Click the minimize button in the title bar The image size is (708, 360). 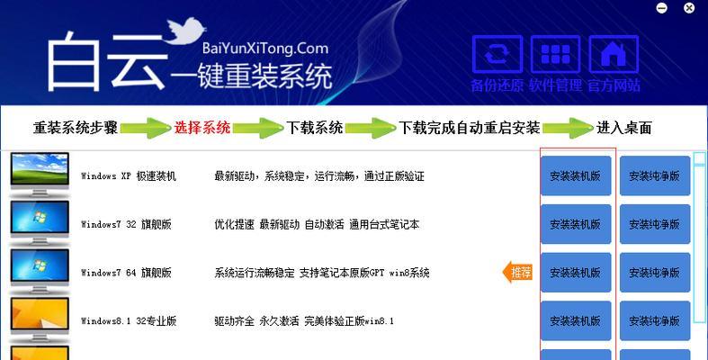[661, 8]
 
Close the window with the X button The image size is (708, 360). [689, 8]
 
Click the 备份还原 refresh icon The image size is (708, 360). [497, 54]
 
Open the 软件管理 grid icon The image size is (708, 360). [555, 54]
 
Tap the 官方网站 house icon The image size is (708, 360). [614, 54]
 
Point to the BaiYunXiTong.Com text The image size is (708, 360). [265, 48]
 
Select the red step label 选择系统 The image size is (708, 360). [202, 128]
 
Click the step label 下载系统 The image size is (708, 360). [315, 128]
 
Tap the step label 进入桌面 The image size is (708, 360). [624, 128]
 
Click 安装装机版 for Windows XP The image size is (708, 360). [576, 175]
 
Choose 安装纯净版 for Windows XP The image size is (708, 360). [655, 175]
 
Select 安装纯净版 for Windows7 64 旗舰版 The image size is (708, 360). [655, 273]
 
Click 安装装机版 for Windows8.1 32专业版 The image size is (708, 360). [576, 320]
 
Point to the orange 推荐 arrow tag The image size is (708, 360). [517, 272]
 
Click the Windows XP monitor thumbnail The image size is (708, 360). [40, 175]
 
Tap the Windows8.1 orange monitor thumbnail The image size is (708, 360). [40, 319]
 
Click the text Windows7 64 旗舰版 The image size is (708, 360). [126, 273]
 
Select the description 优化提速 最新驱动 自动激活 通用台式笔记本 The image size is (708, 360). [317, 224]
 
